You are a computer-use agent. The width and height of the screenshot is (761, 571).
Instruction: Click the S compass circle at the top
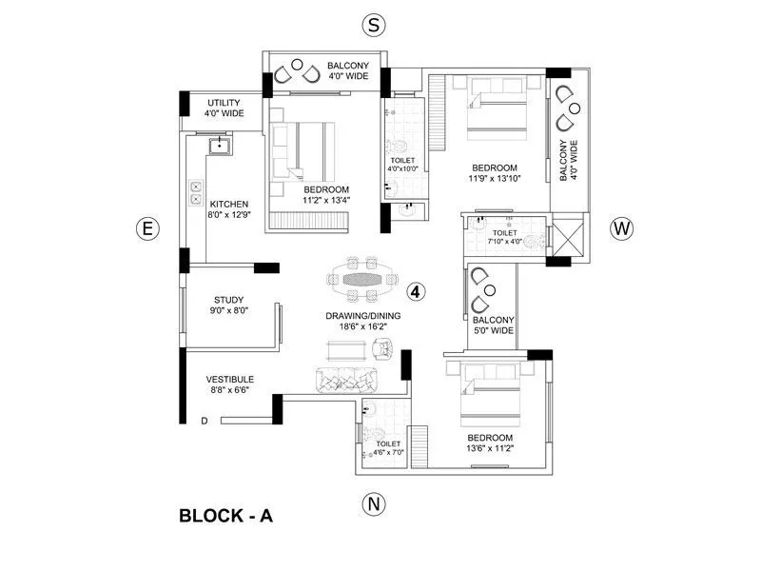(x=373, y=26)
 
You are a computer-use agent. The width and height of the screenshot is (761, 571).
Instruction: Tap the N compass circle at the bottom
(x=373, y=503)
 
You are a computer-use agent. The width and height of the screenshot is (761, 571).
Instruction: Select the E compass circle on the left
(x=146, y=228)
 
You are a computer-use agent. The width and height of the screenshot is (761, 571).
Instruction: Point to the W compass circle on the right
(x=621, y=228)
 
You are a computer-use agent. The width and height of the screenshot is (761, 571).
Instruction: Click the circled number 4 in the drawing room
(x=416, y=290)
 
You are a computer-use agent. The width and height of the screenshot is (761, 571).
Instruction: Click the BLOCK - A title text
(x=226, y=517)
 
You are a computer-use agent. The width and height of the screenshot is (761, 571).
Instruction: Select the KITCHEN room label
(x=229, y=205)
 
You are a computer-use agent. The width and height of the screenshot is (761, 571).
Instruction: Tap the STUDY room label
(x=228, y=301)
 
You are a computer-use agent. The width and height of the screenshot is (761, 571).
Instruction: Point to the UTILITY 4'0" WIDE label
(x=224, y=108)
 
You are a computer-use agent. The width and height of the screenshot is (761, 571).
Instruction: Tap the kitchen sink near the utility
(x=221, y=144)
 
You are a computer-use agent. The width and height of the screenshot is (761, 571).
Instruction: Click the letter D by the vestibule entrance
(x=204, y=420)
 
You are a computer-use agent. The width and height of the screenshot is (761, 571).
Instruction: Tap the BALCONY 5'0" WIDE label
(x=496, y=325)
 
